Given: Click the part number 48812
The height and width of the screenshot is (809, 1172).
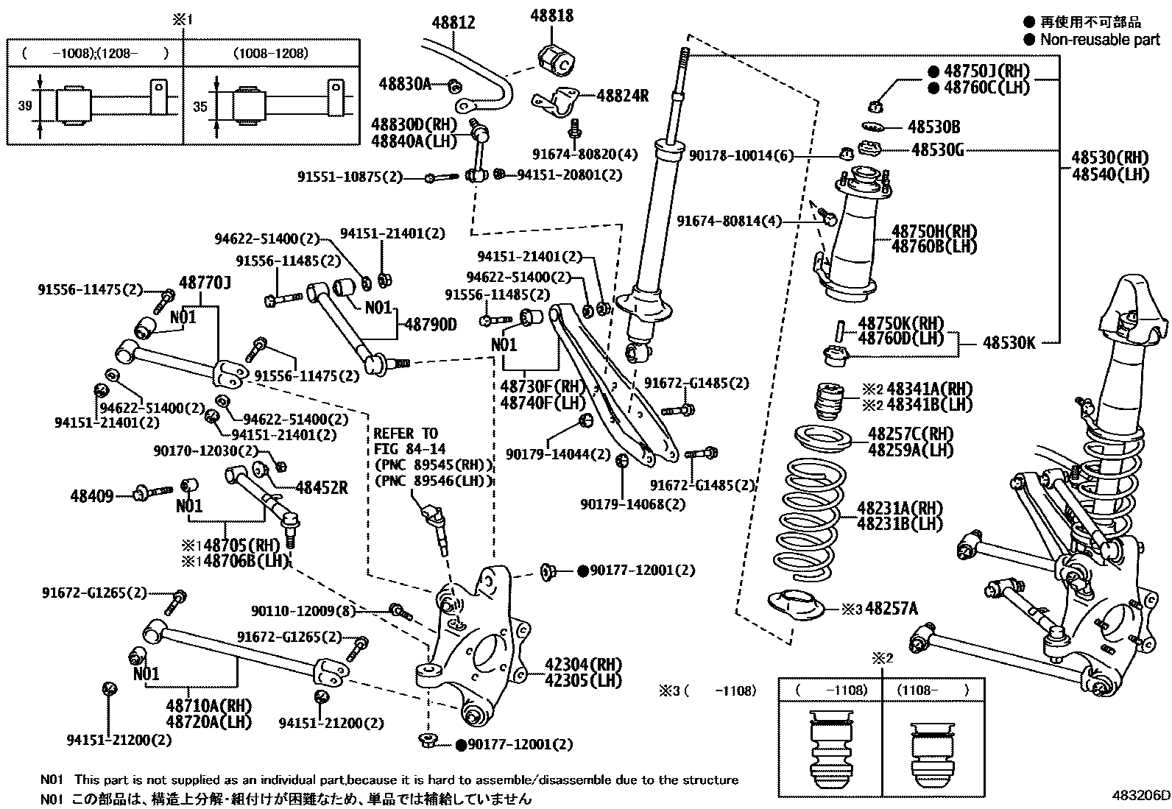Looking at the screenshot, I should pyautogui.click(x=453, y=23).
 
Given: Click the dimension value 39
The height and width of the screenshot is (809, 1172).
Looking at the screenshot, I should pyautogui.click(x=25, y=105).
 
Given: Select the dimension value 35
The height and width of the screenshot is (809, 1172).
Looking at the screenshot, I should pyautogui.click(x=200, y=106).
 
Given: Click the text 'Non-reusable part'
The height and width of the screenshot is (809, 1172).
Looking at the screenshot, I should pyautogui.click(x=1099, y=40).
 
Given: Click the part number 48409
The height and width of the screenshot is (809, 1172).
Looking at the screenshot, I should pyautogui.click(x=92, y=495).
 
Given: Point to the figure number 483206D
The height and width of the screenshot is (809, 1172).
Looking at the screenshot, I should pyautogui.click(x=1140, y=795).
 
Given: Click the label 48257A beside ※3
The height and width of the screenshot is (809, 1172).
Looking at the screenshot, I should pyautogui.click(x=892, y=609).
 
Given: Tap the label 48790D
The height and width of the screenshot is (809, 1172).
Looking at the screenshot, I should pyautogui.click(x=430, y=324).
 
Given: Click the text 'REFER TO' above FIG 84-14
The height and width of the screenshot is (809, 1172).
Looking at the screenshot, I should pyautogui.click(x=406, y=434).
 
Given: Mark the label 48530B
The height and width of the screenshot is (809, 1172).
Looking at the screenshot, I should pyautogui.click(x=933, y=127).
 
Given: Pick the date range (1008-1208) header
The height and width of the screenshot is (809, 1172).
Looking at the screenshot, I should pyautogui.click(x=270, y=53).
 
